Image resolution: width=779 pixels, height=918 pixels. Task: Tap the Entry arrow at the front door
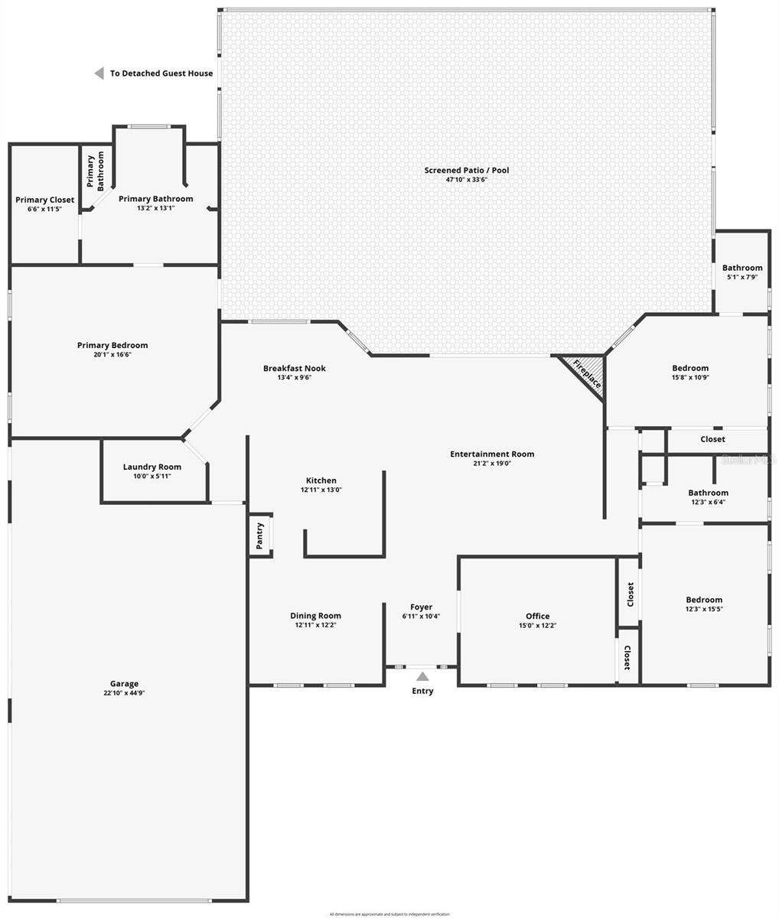[x=422, y=676]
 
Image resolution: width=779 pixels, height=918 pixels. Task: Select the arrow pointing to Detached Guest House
[x=99, y=73]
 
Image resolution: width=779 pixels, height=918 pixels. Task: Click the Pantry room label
[x=260, y=535]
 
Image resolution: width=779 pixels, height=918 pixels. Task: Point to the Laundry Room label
[x=152, y=467]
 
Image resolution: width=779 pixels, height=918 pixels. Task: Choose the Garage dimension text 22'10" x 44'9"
[x=124, y=693]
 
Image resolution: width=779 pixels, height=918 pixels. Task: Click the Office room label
[x=537, y=616]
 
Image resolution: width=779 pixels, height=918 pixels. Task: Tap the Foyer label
[x=421, y=607]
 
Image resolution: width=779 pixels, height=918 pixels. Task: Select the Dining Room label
[x=315, y=616]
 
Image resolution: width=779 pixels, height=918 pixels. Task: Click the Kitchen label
[x=321, y=480]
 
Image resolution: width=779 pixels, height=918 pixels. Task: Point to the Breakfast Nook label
[x=295, y=368]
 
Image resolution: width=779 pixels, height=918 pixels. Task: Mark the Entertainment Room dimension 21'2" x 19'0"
[x=492, y=463]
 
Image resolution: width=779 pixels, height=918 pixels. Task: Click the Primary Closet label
[x=45, y=200]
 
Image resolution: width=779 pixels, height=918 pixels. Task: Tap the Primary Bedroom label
[x=112, y=345]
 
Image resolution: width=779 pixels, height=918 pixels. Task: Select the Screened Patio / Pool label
[x=467, y=170]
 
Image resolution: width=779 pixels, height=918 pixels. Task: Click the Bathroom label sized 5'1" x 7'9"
[x=742, y=268]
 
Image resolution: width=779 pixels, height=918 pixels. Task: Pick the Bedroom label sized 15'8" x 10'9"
[x=690, y=368]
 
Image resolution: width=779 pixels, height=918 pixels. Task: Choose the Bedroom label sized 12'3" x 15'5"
[x=704, y=600]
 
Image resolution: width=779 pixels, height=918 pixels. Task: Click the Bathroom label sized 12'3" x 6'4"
[x=708, y=493]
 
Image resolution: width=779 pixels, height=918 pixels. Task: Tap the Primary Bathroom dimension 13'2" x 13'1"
[x=155, y=207]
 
